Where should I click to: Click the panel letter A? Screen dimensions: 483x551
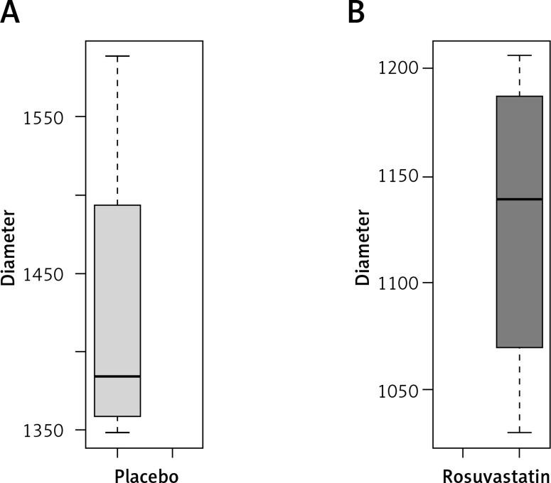(x=10, y=12)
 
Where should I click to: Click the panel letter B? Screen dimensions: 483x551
(x=356, y=12)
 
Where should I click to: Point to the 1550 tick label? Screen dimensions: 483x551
(x=43, y=118)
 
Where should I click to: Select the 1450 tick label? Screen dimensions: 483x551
(x=43, y=274)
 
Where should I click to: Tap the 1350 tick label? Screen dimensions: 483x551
(x=43, y=430)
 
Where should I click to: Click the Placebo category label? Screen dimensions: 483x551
(x=146, y=474)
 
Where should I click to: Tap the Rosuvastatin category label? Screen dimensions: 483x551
(x=496, y=474)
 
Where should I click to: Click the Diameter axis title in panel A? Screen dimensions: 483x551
(x=9, y=247)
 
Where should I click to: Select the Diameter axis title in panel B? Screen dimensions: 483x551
(x=363, y=247)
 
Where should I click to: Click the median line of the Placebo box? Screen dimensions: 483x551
(x=117, y=376)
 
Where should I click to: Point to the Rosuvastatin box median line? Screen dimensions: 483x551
(x=519, y=199)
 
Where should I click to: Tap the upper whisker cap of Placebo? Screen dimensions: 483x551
(x=117, y=55)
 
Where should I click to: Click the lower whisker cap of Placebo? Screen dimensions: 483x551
(x=117, y=432)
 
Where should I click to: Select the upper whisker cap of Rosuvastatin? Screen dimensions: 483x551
(x=519, y=55)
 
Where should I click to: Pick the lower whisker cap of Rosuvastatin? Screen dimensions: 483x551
(x=519, y=432)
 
